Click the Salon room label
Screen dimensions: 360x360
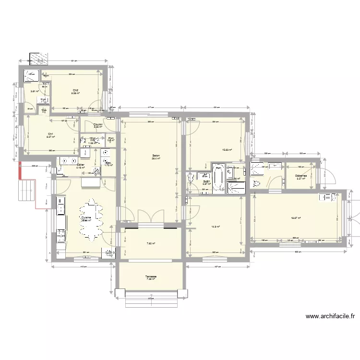(156, 156)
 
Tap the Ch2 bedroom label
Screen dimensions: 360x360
(75, 90)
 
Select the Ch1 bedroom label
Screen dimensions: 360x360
(50, 134)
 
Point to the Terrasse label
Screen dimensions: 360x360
(151, 277)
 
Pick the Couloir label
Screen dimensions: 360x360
(98, 125)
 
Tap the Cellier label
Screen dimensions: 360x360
(80, 165)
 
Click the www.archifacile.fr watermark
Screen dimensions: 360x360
(330, 316)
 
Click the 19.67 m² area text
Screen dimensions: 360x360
(296, 218)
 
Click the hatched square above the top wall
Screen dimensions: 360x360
(38, 59)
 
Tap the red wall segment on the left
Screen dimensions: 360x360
(21, 171)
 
